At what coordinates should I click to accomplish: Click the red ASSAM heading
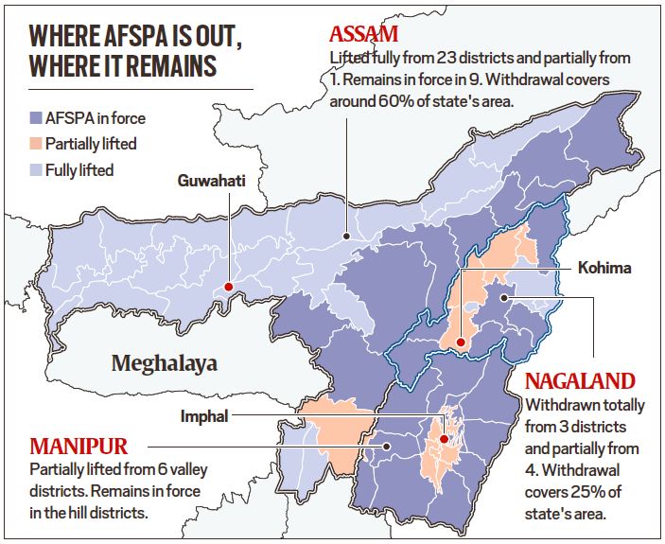(364, 35)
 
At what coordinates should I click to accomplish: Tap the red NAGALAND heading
(579, 382)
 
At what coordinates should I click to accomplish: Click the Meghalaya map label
(164, 361)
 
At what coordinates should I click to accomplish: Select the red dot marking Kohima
(459, 342)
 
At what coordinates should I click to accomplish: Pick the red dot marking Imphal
(443, 439)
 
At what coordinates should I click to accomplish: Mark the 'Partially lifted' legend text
(91, 145)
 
